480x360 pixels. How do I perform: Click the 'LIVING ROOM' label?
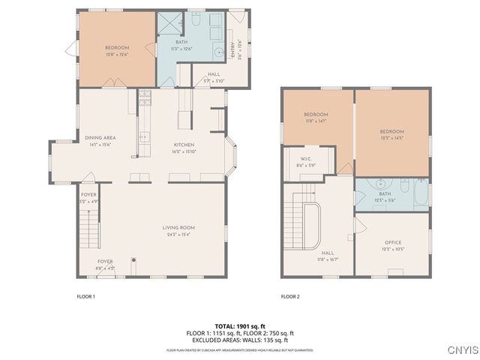tap(178, 227)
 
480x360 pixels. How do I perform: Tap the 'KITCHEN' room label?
tap(184, 144)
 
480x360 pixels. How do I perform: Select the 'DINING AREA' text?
tap(99, 137)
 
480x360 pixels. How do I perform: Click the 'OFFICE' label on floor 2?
tap(393, 242)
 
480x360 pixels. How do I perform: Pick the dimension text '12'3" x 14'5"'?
tap(392, 138)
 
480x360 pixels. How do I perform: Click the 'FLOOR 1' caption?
tap(86, 297)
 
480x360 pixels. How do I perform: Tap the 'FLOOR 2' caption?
tap(290, 297)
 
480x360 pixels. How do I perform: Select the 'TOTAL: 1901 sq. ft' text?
tap(240, 326)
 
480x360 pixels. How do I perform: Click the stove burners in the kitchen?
tap(144, 96)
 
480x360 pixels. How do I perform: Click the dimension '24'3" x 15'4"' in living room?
tap(178, 234)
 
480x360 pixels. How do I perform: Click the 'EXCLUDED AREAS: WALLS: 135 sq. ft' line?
tap(240, 340)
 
